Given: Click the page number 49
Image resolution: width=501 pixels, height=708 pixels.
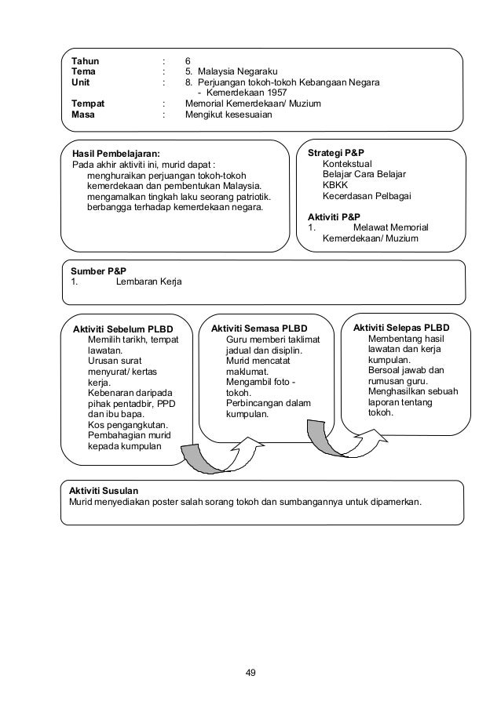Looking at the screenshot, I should click(x=251, y=672).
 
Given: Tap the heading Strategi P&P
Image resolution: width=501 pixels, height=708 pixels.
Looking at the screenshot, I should click(x=336, y=152).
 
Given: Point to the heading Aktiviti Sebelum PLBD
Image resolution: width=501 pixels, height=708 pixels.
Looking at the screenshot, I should click(x=122, y=328).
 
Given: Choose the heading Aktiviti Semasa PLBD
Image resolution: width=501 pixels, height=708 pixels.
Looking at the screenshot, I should click(x=259, y=328).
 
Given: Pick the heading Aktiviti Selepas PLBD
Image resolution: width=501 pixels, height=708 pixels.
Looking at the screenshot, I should click(x=400, y=327).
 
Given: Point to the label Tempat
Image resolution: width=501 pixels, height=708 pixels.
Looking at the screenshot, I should click(x=88, y=103).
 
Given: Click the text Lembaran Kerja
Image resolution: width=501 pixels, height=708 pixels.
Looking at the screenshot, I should click(x=148, y=281).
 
